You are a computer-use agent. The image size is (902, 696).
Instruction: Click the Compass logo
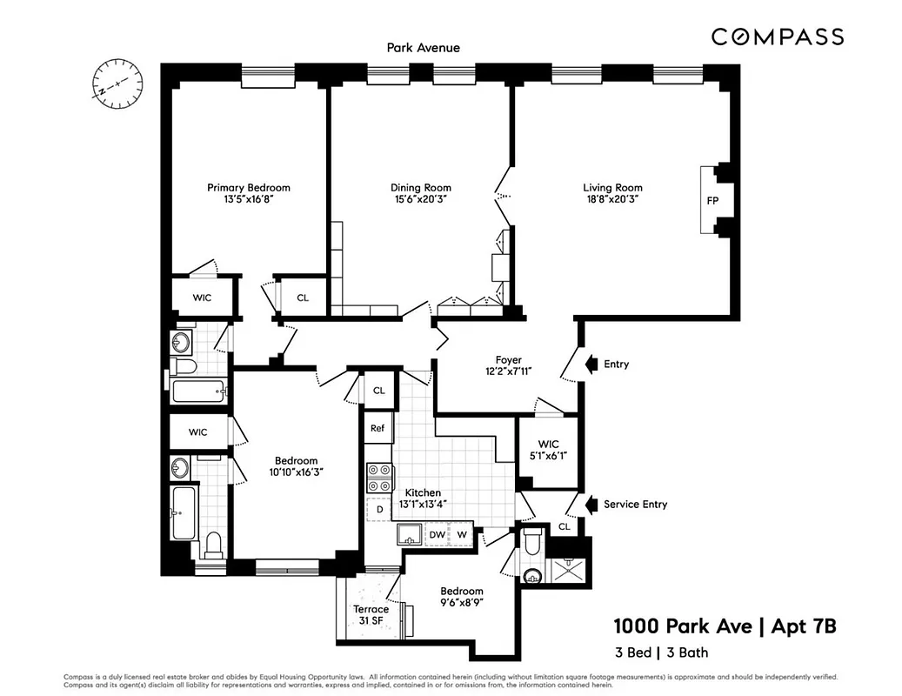pyautogui.click(x=777, y=37)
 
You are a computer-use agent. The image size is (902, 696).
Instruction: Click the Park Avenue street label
pyautogui.click(x=423, y=48)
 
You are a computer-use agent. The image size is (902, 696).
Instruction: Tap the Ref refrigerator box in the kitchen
pyautogui.click(x=378, y=428)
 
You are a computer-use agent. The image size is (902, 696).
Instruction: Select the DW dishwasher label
pyautogui.click(x=437, y=534)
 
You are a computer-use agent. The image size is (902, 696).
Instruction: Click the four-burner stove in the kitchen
pyautogui.click(x=378, y=478)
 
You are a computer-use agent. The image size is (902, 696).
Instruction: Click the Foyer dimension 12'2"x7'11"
pyautogui.click(x=508, y=371)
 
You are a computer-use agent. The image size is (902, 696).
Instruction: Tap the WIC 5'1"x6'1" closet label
pyautogui.click(x=548, y=449)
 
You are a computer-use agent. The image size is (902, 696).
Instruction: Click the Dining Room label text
pyautogui.click(x=420, y=187)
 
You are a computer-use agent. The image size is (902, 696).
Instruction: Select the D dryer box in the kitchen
pyautogui.click(x=379, y=509)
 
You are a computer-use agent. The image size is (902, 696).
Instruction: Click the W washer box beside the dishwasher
pyautogui.click(x=463, y=534)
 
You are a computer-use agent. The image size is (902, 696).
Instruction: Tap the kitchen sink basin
pyautogui.click(x=409, y=534)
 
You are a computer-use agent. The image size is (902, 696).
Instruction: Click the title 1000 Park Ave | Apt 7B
pyautogui.click(x=725, y=626)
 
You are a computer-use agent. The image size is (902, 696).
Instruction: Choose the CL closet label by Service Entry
pyautogui.click(x=565, y=526)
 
